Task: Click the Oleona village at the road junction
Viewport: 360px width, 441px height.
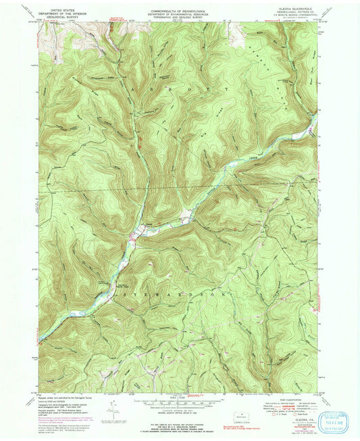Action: (136, 236)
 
